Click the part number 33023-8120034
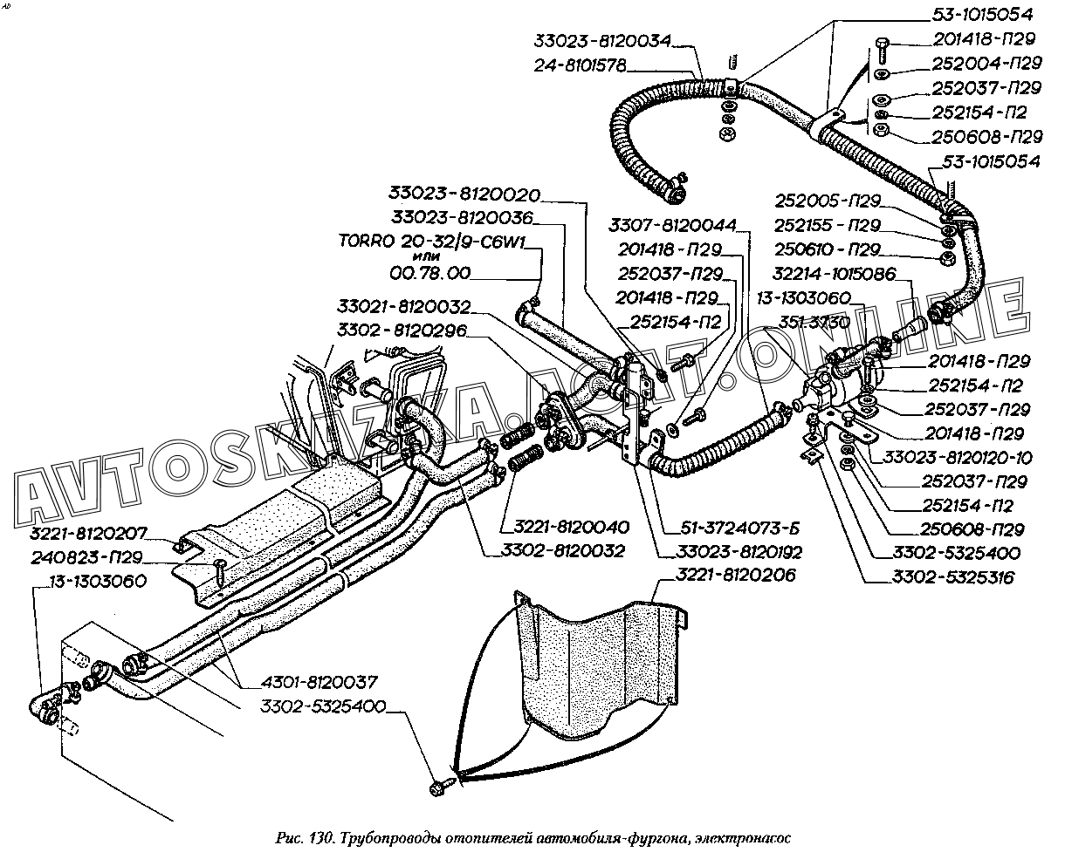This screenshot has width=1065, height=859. pos(604,41)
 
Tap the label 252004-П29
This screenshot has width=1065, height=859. pos(986,64)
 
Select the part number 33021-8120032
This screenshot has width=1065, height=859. pos(403,307)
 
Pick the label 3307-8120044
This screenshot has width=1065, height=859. pos(673,224)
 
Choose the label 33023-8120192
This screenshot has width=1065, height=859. pos(739,552)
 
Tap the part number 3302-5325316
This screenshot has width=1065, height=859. pos(952,577)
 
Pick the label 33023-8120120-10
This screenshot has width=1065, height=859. pos(958,457)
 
